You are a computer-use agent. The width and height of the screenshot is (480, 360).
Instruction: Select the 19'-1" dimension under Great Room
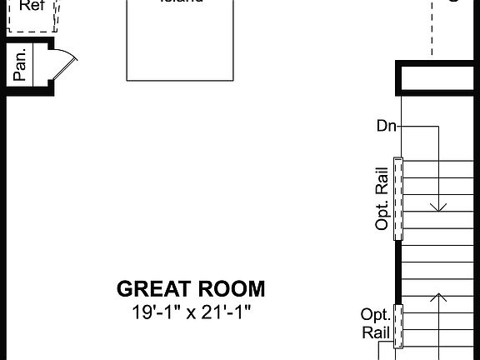coord(154,312)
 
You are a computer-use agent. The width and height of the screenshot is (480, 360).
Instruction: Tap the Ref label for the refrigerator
coord(32,6)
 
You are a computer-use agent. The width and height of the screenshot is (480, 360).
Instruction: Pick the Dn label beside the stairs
coord(386,127)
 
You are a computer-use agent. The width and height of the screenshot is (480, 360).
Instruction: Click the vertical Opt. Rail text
coord(382,197)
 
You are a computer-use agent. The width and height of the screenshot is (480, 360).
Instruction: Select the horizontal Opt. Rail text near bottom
coord(375,323)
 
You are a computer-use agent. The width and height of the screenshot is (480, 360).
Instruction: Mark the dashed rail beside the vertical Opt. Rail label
coord(397,197)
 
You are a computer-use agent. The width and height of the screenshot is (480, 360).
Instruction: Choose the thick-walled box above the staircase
coord(437,77)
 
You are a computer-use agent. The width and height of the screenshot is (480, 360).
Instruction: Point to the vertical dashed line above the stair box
coord(432,29)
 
